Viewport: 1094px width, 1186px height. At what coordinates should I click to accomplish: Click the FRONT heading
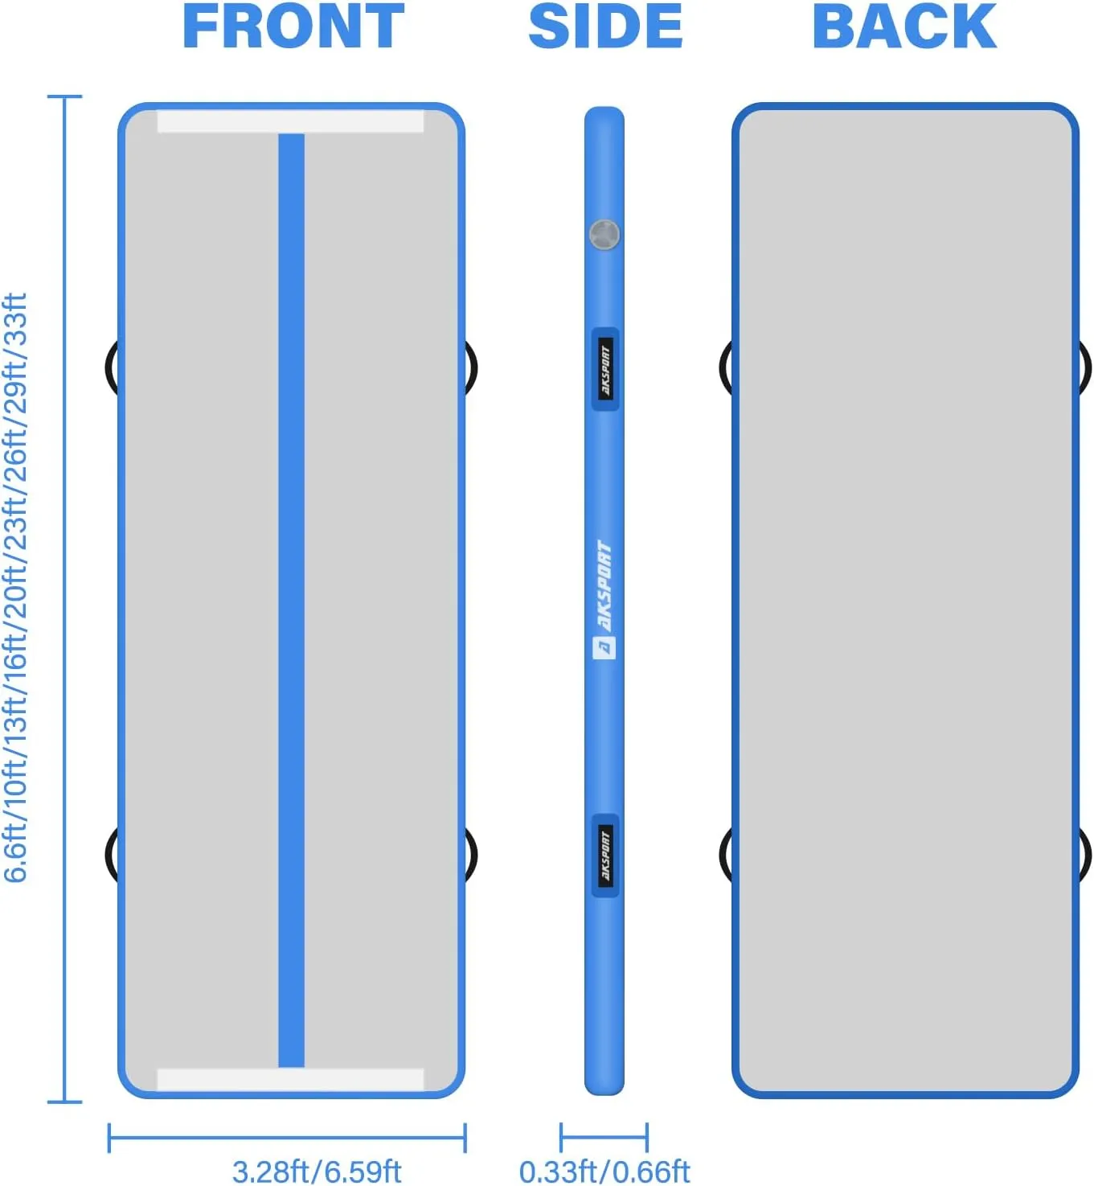click(x=293, y=27)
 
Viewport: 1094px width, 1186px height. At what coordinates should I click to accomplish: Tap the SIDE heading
click(x=605, y=27)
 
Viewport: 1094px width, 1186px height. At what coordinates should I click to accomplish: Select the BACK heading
click(x=904, y=27)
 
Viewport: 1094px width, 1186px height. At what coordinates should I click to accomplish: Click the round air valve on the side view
click(x=604, y=235)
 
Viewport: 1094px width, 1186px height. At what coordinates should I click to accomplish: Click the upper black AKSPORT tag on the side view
click(x=605, y=368)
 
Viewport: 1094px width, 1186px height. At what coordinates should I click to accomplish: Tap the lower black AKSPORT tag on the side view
click(x=605, y=856)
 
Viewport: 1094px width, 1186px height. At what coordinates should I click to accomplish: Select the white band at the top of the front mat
click(x=290, y=122)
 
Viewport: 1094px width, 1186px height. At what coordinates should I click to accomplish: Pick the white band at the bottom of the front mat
click(x=290, y=1078)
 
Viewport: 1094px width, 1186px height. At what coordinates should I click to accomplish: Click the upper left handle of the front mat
click(x=111, y=367)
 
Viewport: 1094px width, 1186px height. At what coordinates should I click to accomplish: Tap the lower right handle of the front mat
click(x=471, y=852)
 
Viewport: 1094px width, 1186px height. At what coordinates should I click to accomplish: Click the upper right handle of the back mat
click(x=1084, y=367)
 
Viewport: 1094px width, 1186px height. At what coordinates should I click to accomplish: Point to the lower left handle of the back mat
click(x=726, y=852)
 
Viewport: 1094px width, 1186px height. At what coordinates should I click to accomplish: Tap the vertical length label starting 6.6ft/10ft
click(x=16, y=587)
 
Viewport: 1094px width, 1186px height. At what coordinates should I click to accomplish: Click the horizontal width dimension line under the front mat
click(x=287, y=1138)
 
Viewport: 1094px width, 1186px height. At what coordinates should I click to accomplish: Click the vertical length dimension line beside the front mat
click(x=64, y=599)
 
